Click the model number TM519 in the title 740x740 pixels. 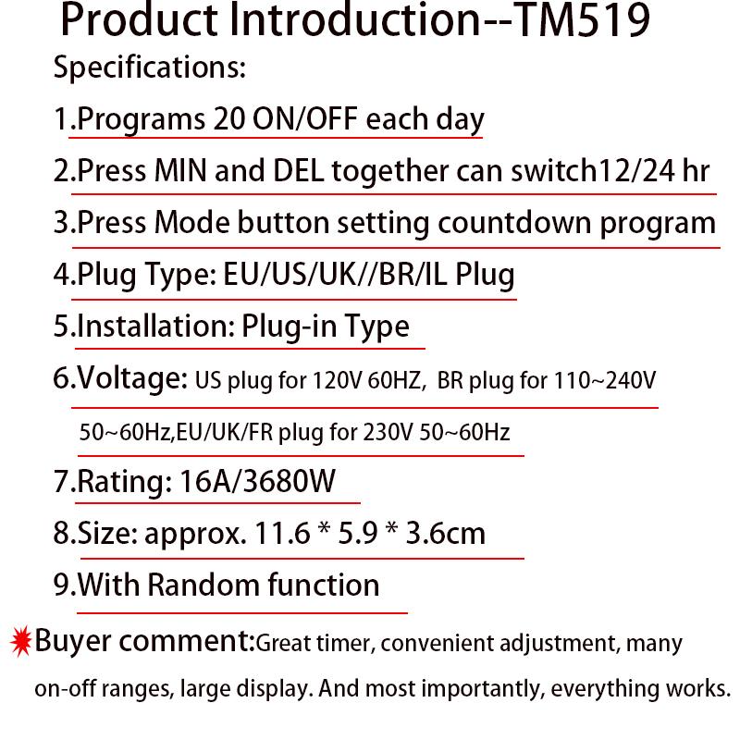[x=581, y=22]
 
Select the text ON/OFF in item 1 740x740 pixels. [x=306, y=120]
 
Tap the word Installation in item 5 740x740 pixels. [x=154, y=327]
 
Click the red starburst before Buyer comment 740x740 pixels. [x=20, y=639]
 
